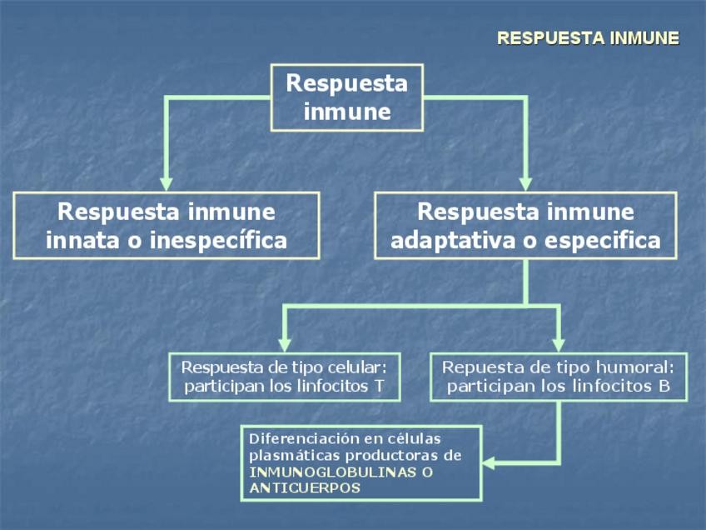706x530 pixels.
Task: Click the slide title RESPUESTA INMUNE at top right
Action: click(x=588, y=38)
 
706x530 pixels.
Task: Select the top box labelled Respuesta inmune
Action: click(x=347, y=97)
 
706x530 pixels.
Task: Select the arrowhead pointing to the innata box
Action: click(x=167, y=182)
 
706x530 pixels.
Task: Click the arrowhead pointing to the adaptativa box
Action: click(x=525, y=182)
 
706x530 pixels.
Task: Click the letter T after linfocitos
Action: click(x=379, y=387)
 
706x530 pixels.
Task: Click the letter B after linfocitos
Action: click(x=664, y=387)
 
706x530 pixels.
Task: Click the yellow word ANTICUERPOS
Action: click(x=305, y=488)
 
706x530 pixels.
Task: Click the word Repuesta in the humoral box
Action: click(x=477, y=367)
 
